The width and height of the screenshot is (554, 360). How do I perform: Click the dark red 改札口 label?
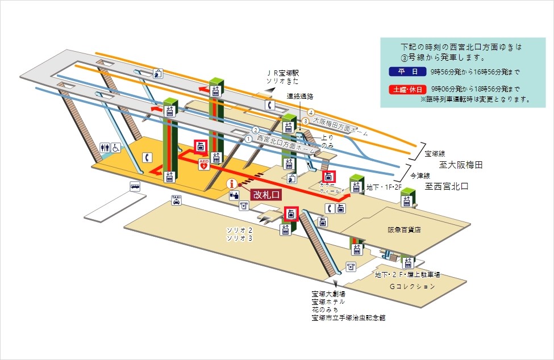point(266,194)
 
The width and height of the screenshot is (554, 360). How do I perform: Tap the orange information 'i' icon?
point(231,183)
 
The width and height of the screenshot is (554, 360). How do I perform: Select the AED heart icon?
point(203,165)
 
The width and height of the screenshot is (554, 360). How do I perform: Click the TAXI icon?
point(177,199)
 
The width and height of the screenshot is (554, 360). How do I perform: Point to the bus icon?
point(135,186)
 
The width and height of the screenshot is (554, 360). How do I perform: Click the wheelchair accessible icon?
point(116,147)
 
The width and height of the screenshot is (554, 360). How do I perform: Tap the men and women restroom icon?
point(105,147)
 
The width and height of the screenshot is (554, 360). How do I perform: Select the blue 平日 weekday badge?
point(403,72)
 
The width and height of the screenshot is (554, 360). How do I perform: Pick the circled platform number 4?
point(311,111)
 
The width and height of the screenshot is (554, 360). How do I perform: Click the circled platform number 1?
point(248,139)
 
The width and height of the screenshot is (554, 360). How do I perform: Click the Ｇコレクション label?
point(412,287)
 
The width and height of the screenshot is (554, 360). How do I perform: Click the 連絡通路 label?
point(300,96)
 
